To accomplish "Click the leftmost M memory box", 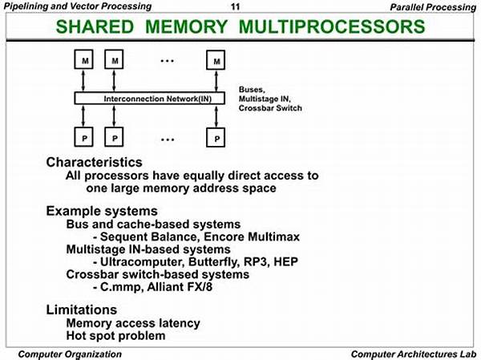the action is [83, 59].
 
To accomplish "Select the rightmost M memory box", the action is [216, 60].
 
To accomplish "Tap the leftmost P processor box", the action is [83, 137].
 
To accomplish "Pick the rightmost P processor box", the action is [216, 137].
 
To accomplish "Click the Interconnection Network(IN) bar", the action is [150, 99].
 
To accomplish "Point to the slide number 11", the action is [235, 6].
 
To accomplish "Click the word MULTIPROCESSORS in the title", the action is [332, 26].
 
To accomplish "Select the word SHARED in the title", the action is [95, 26].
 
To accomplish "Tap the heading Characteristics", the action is [94, 162].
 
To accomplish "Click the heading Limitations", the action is [82, 309].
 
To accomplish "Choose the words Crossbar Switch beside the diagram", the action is [270, 108].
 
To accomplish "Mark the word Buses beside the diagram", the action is [252, 90].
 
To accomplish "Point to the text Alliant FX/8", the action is [180, 287].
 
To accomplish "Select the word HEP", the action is [285, 262].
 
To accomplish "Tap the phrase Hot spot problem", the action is [115, 335].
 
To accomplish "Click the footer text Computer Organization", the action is [70, 354].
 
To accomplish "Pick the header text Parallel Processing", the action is [433, 6].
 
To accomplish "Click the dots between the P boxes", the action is [168, 140].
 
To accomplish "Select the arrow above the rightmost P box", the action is [216, 116].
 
